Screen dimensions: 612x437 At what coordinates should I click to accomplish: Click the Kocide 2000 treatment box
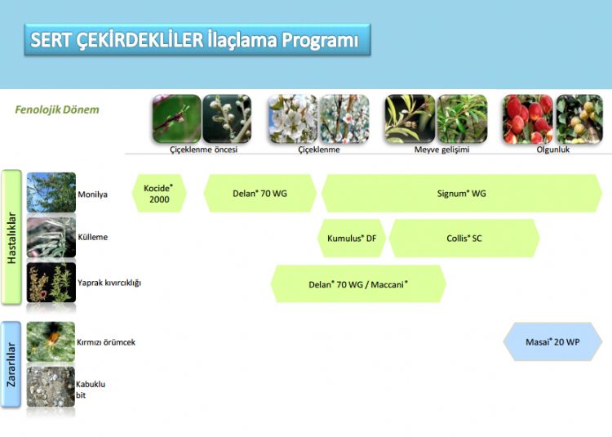[x=159, y=194]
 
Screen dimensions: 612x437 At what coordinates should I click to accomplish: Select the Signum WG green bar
[x=461, y=194]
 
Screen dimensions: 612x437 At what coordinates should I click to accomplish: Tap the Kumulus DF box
[x=352, y=239]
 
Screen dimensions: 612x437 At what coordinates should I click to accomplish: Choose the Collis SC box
[x=464, y=239]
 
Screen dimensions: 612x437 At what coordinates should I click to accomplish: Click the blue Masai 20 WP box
[x=552, y=341]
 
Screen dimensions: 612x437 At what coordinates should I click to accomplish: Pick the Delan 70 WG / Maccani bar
[x=358, y=284]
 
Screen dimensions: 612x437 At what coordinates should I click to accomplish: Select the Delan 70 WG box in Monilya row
[x=260, y=194]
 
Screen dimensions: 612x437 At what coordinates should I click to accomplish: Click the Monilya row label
[x=92, y=194]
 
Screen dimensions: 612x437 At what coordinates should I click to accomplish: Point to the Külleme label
[x=92, y=237]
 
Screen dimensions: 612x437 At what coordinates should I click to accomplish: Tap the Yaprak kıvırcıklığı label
[x=109, y=283]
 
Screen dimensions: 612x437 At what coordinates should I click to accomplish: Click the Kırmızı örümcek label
[x=106, y=342]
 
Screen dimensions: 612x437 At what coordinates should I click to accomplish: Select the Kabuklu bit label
[x=90, y=390]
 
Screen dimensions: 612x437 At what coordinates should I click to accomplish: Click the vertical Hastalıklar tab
[x=11, y=238]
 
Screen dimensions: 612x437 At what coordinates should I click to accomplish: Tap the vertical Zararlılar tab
[x=11, y=364]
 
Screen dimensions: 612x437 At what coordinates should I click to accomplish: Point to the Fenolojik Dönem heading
[x=57, y=109]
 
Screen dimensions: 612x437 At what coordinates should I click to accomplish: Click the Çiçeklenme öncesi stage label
[x=203, y=149]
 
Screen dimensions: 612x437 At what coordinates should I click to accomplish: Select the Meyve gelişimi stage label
[x=441, y=149]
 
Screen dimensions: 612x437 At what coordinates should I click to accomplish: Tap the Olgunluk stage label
[x=553, y=149]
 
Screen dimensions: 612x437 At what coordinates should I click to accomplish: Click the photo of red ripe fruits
[x=528, y=119]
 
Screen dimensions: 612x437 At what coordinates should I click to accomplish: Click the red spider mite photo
[x=51, y=341]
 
